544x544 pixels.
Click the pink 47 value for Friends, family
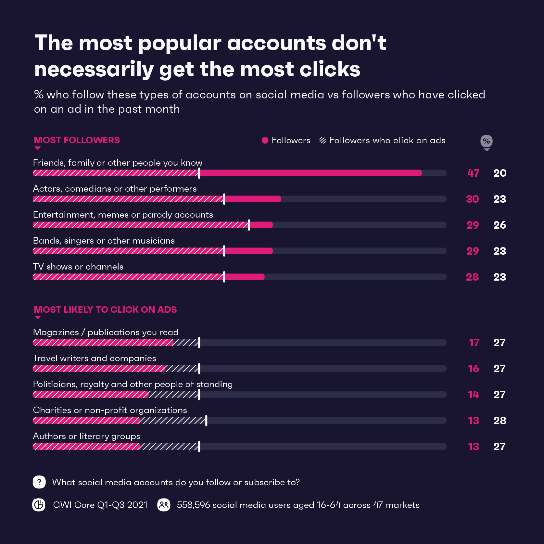coord(473,173)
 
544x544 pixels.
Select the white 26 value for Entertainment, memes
coord(500,225)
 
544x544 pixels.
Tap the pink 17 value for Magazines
coord(474,343)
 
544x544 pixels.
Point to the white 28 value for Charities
coord(500,421)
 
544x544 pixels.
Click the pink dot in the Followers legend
coord(265,140)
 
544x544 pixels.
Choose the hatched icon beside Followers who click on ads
coord(323,140)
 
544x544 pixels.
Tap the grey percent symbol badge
coord(486,141)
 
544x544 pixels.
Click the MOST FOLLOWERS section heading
coord(77,140)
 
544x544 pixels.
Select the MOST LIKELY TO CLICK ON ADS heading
coord(106,310)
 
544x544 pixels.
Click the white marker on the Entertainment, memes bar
coord(249,225)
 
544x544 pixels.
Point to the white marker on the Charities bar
coord(206,421)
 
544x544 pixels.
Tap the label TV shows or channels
coord(78,267)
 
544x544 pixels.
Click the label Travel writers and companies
coord(95,358)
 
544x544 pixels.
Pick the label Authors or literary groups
coord(87,436)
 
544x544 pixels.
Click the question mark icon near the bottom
coord(39,482)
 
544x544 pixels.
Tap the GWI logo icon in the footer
coord(39,505)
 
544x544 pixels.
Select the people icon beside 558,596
coord(164,505)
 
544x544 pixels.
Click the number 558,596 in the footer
coord(194,505)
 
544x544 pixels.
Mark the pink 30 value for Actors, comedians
coord(472,199)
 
